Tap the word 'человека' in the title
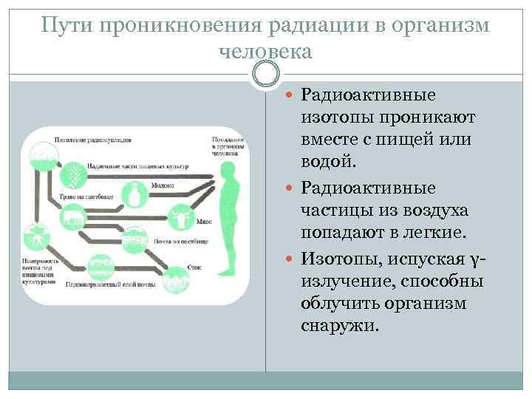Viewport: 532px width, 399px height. (x=266, y=52)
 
